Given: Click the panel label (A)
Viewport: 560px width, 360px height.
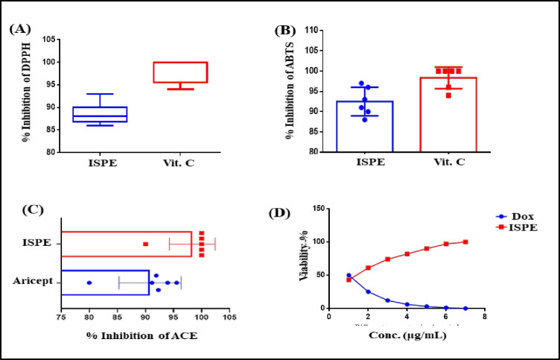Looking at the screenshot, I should coord(19,29).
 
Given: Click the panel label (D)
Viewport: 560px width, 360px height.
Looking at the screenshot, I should coord(280,213).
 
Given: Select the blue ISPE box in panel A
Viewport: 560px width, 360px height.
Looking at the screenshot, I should coord(105,114).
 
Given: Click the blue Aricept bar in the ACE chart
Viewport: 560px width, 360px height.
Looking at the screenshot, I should coord(105,282).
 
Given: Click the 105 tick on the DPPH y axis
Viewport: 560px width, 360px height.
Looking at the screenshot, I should coord(49,40).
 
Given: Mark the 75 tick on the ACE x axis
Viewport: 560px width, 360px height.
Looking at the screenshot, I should coord(60,316).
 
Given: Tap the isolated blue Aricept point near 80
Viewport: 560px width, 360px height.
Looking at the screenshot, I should coord(89,282).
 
